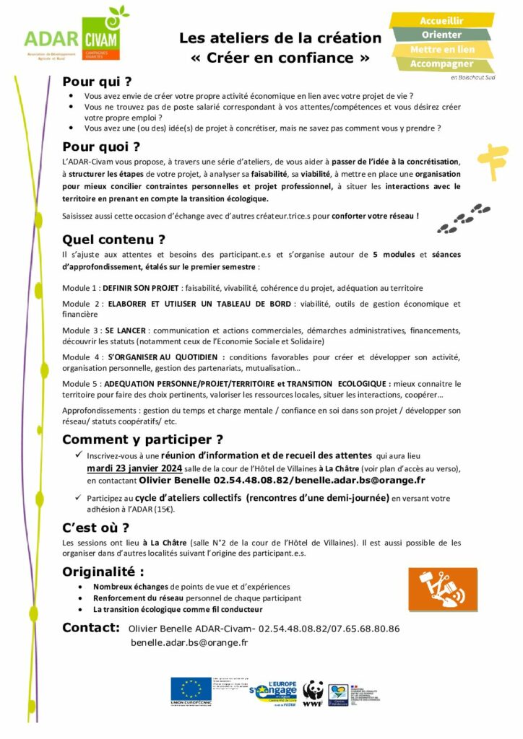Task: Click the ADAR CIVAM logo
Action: pos(75,35)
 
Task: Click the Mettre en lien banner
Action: pos(442,50)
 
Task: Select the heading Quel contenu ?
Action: pos(113,240)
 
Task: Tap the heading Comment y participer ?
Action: pos(142,440)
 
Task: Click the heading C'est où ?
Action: pos(95,527)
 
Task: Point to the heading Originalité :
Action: pos(108,572)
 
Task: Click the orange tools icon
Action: pos(442,588)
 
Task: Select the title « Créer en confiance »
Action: pos(280,57)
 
